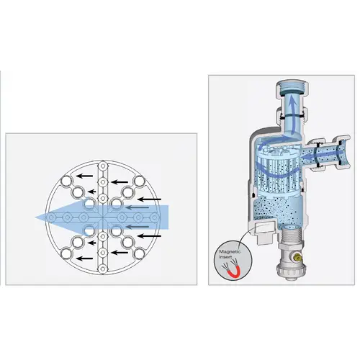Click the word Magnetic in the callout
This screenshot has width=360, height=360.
click(230, 252)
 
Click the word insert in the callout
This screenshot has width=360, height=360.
click(225, 257)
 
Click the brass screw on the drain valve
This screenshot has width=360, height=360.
click(297, 258)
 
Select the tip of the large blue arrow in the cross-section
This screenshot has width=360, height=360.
click(36, 217)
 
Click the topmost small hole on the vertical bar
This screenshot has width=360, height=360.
click(103, 166)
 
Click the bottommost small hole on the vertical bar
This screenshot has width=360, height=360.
click(103, 269)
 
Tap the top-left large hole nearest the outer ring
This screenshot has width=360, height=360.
click(66, 181)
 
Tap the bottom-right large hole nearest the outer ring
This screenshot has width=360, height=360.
click(139, 253)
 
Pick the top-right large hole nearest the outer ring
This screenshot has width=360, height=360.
click(139, 181)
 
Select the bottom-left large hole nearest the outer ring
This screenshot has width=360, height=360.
click(66, 253)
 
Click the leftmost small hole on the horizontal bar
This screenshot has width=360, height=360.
click(51, 217)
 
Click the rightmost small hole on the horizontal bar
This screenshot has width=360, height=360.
click(154, 217)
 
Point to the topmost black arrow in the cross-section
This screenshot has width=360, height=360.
click(84, 176)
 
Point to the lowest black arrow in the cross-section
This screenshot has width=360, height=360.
click(84, 258)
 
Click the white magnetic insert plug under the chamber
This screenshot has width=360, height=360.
click(265, 231)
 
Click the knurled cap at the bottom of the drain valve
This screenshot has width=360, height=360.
click(288, 271)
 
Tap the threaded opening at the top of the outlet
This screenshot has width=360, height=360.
click(292, 87)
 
